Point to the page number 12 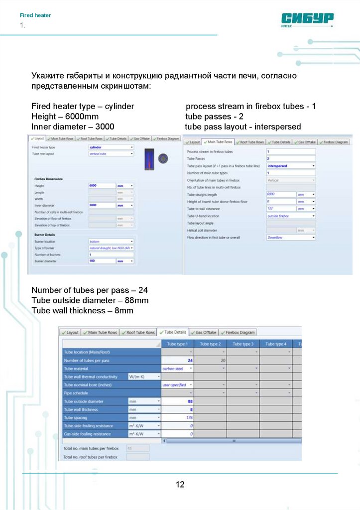180,484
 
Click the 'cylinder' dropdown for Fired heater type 111,147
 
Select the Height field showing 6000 102,185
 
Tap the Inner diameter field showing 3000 102,205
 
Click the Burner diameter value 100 102,261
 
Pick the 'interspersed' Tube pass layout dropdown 291,165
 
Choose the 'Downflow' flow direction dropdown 291,238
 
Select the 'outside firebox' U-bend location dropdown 291,216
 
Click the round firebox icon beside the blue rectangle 162,158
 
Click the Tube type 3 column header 242,344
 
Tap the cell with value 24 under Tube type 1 178,360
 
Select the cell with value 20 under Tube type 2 210,360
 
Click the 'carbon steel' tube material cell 177,369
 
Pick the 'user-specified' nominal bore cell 177,385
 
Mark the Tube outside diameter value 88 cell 178,401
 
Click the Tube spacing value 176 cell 178,417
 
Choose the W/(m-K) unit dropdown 144,377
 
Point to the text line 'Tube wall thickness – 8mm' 82,311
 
